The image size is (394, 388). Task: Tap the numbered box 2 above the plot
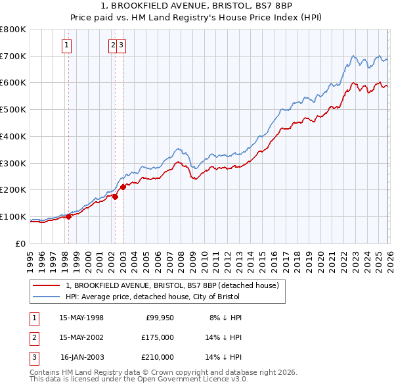(x=113, y=45)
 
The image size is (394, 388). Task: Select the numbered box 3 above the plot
(x=122, y=45)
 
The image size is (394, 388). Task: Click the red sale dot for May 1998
(x=68, y=216)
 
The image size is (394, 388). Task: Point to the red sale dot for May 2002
(x=114, y=196)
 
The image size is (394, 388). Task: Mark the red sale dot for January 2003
(x=123, y=187)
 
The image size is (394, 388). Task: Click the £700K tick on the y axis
(x=13, y=56)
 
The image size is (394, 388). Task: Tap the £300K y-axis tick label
(x=13, y=163)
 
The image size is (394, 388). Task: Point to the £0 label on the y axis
(x=20, y=243)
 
